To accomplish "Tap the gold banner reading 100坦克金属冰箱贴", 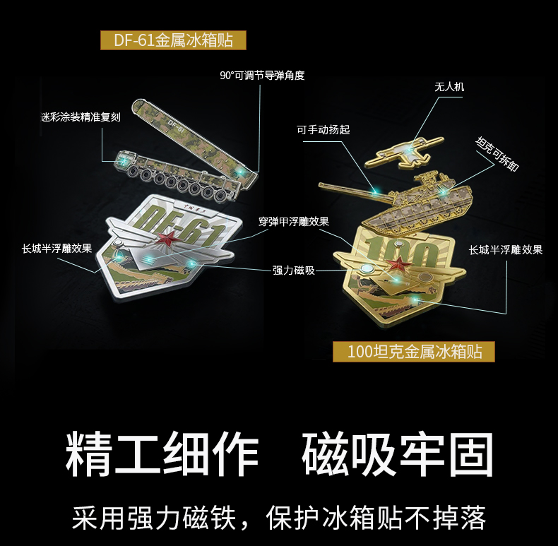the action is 415,351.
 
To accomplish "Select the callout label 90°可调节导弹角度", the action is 262,76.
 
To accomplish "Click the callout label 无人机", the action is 449,88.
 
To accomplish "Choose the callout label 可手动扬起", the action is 323,129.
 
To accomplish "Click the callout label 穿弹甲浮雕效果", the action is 293,221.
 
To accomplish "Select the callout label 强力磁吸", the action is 293,270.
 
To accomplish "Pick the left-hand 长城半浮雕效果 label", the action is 57,249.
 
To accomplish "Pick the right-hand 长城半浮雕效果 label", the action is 506,249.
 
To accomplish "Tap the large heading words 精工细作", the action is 162,448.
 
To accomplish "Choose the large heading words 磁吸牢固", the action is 397,448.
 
